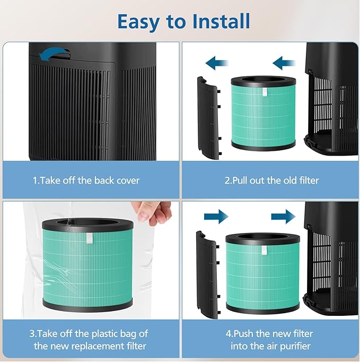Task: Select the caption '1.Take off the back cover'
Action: pyautogui.click(x=86, y=180)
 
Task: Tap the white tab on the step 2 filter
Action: pyautogui.click(x=264, y=92)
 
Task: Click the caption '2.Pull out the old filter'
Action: pyautogui.click(x=271, y=180)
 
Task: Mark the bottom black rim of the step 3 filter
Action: pyautogui.click(x=87, y=304)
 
